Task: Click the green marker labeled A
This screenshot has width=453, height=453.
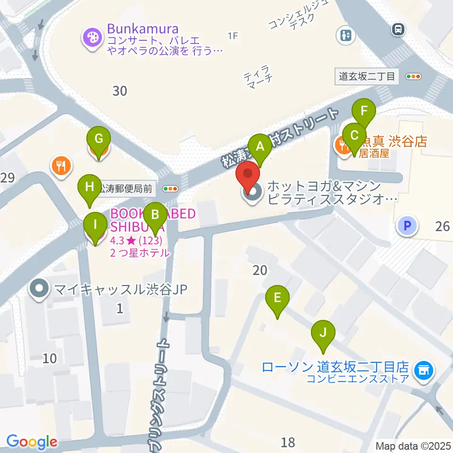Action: [260, 147]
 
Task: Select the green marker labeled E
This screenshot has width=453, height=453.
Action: [277, 298]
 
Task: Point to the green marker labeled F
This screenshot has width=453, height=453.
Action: [363, 112]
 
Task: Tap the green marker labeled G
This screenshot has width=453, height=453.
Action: [99, 140]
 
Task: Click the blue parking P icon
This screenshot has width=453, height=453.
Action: [407, 226]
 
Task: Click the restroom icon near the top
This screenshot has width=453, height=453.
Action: [346, 35]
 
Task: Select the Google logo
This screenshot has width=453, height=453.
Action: [32, 442]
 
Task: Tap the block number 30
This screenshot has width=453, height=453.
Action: [120, 90]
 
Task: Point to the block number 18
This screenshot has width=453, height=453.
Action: [288, 442]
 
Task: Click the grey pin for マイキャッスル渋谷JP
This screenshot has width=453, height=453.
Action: [40, 289]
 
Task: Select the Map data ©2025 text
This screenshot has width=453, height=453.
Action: [413, 445]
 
